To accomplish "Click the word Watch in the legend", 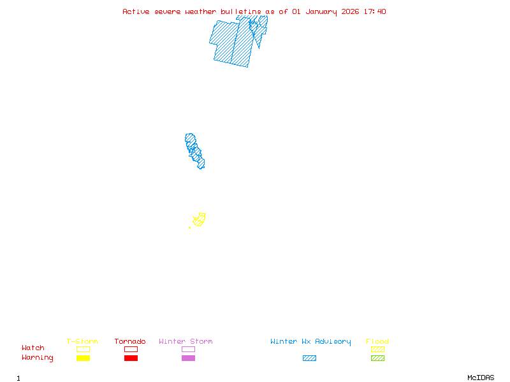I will coord(33,348).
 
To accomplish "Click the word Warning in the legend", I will coord(38,358).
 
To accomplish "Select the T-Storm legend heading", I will coord(82,341).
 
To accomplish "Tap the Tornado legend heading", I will coord(130,341).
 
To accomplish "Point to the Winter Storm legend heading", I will coord(186,341).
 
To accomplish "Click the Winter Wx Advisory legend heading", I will coord(310,341).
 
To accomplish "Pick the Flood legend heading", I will coord(377,341).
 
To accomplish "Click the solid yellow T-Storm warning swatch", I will coord(83,358).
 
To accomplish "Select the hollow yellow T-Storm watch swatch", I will coord(83,349).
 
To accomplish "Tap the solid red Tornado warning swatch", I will coord(131,358).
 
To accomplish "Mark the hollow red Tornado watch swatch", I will coord(131,349).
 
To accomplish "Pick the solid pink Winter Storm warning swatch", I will coord(188,358).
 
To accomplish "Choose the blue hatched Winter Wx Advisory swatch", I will coord(309,358).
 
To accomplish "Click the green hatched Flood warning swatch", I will coord(377,358).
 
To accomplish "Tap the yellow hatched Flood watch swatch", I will coord(377,349).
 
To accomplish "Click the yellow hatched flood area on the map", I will coord(199,220).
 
